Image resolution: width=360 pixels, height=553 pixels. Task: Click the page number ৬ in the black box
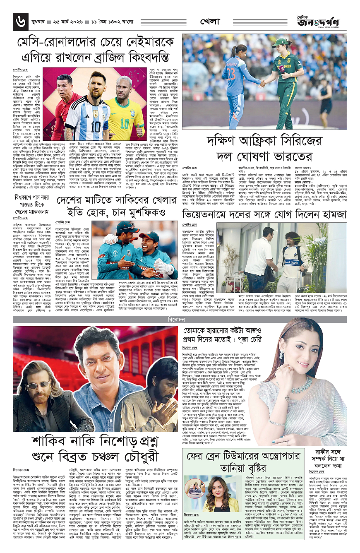pyautogui.click(x=19, y=21)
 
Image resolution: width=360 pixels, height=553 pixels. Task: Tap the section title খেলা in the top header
pyautogui.click(x=209, y=21)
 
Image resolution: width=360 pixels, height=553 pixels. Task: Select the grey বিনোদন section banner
pyautogui.click(x=179, y=320)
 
